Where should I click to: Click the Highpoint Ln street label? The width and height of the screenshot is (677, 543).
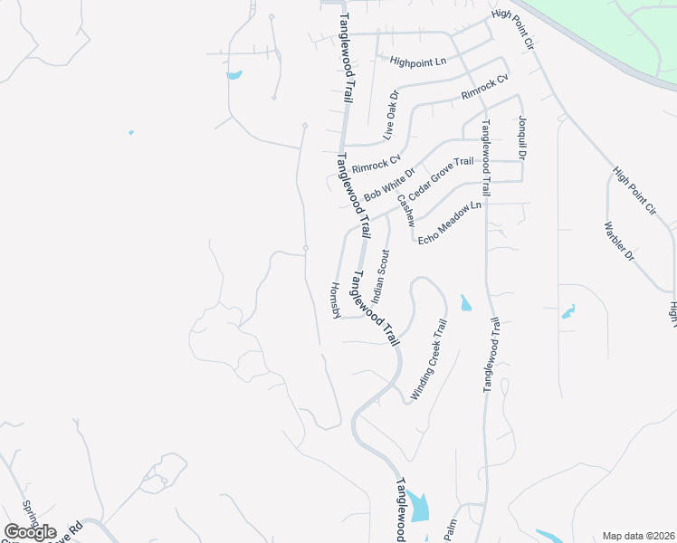(x=418, y=62)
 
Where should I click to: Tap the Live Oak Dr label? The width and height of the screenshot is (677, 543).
(x=390, y=114)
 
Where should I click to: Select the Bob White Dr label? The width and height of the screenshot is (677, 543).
(x=388, y=185)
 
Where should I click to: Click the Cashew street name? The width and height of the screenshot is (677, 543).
(x=404, y=210)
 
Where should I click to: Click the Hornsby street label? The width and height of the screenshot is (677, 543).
(x=334, y=299)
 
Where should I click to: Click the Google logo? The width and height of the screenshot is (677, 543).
(x=30, y=531)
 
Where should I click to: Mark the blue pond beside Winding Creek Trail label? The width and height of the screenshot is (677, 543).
(x=465, y=303)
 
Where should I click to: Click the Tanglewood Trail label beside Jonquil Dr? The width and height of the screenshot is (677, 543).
(x=486, y=157)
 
